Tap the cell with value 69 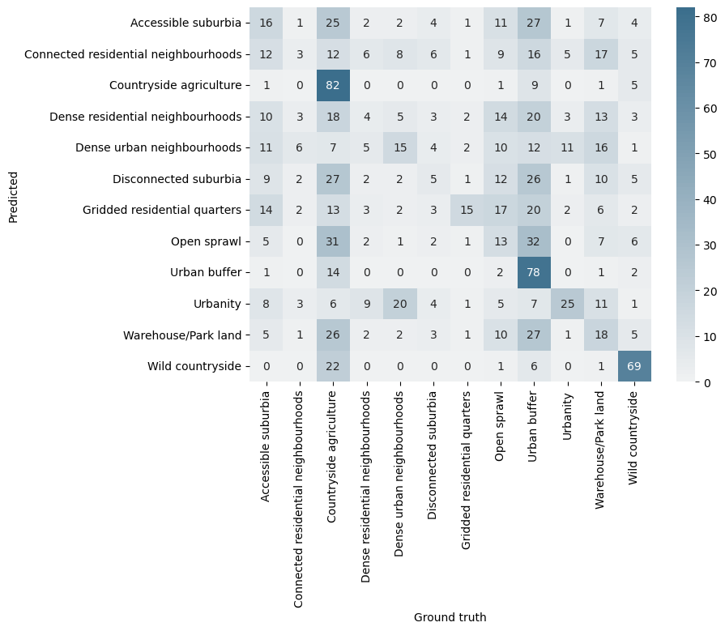click(x=633, y=366)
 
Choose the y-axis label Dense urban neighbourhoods click(x=158, y=147)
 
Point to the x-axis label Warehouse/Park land click(x=601, y=449)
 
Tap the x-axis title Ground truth click(x=450, y=617)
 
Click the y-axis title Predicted click(x=14, y=194)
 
